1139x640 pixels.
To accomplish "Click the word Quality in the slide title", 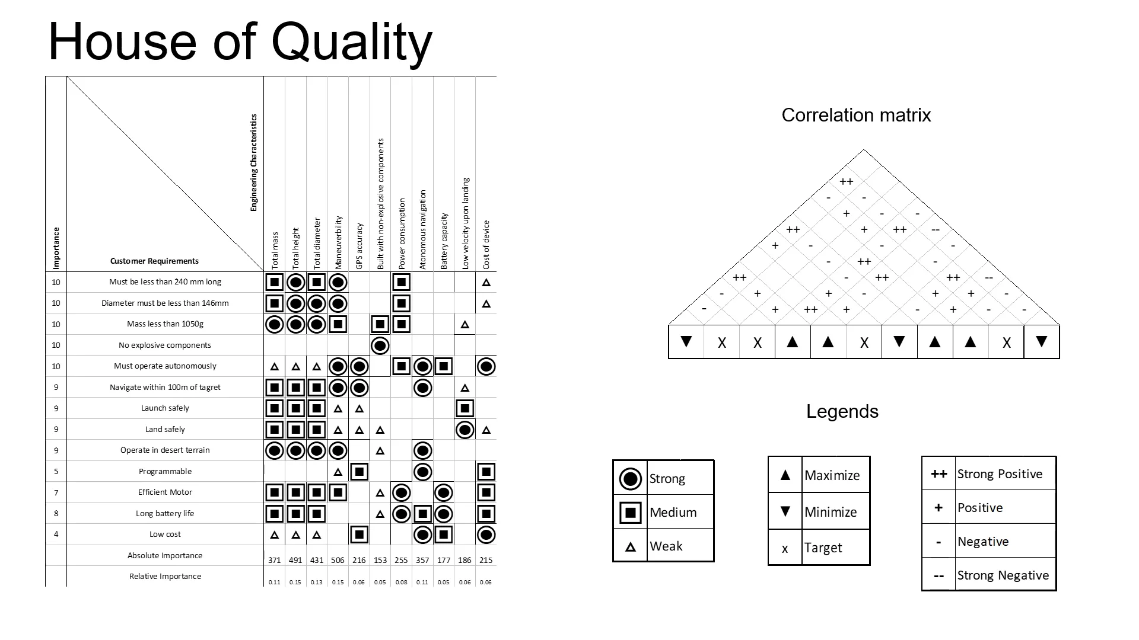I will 352,43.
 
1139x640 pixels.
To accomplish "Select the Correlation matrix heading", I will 856,115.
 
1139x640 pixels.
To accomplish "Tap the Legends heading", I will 842,412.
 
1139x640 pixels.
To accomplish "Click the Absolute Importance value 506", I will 338,560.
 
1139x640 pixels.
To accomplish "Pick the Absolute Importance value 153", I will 380,560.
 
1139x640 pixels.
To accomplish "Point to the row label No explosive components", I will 165,345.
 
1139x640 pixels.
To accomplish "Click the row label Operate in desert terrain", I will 165,450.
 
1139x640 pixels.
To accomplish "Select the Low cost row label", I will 165,534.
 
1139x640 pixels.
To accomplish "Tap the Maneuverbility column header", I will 339,242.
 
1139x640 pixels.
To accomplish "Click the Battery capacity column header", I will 444,241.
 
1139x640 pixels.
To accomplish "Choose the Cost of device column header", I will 486,244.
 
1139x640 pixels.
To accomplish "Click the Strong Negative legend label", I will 1003,575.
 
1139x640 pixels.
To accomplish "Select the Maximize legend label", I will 832,475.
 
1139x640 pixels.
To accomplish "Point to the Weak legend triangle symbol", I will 631,547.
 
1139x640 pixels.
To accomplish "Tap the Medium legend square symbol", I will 631,513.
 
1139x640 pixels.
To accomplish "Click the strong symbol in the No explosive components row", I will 380,345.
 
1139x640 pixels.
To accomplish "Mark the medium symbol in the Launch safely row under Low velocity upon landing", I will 465,408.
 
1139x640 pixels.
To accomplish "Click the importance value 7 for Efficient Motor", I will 56,492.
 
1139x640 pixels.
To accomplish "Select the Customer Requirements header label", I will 154,261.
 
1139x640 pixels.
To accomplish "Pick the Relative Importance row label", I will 165,576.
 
